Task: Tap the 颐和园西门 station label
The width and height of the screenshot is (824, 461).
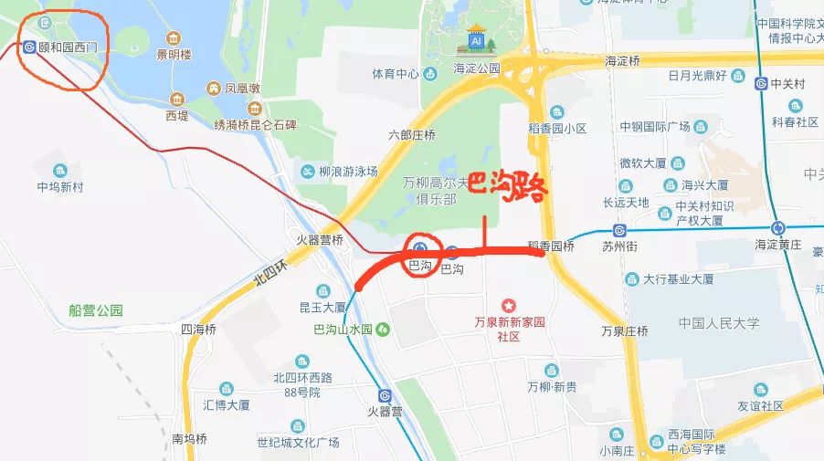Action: tap(69, 47)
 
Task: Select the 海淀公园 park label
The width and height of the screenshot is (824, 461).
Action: tap(478, 68)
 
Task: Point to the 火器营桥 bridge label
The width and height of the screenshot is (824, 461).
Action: tap(320, 240)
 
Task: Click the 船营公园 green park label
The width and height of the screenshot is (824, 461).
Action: tap(95, 310)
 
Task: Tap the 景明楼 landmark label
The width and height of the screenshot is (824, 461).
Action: tap(174, 55)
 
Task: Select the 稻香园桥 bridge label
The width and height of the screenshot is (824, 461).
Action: tap(551, 246)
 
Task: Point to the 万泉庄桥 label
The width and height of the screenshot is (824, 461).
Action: tap(625, 330)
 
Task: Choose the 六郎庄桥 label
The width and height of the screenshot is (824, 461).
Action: tap(412, 134)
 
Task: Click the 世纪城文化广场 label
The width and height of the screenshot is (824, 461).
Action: tap(298, 443)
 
